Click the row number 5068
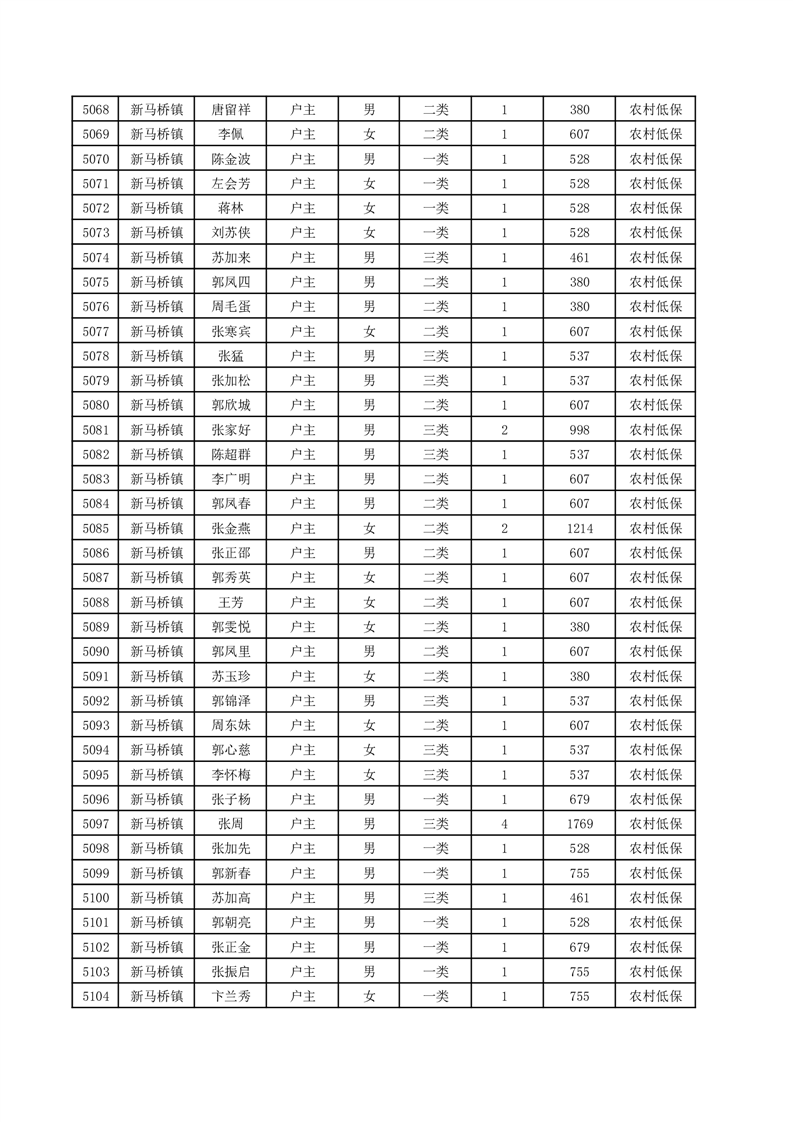pos(95,110)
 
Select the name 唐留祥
pos(230,110)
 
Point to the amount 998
pos(579,430)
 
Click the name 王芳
pos(230,602)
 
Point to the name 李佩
pos(230,135)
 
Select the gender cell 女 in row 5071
pos(369,184)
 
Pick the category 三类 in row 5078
pos(436,356)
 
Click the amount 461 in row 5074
pos(579,258)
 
